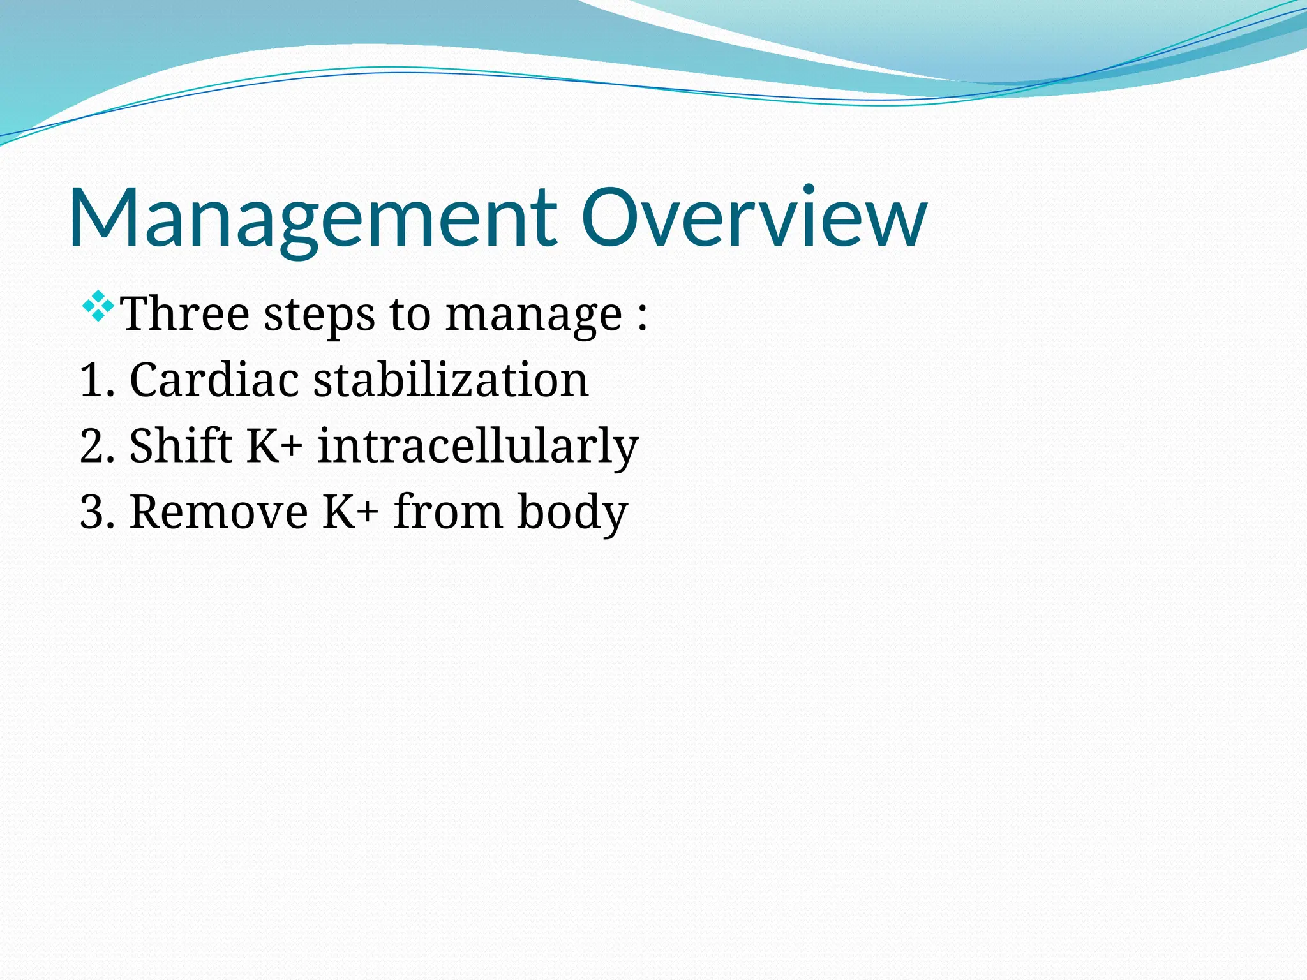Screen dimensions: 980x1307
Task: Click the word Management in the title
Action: tap(313, 218)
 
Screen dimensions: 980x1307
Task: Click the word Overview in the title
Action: tap(753, 218)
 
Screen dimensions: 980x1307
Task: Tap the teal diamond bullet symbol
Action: tap(98, 306)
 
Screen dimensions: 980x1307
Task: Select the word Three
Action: tap(185, 314)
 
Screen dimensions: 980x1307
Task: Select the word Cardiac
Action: tap(214, 381)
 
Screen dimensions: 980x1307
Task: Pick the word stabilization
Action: tap(451, 381)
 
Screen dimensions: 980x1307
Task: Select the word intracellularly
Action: tap(477, 447)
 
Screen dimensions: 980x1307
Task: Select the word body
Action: tap(572, 512)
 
